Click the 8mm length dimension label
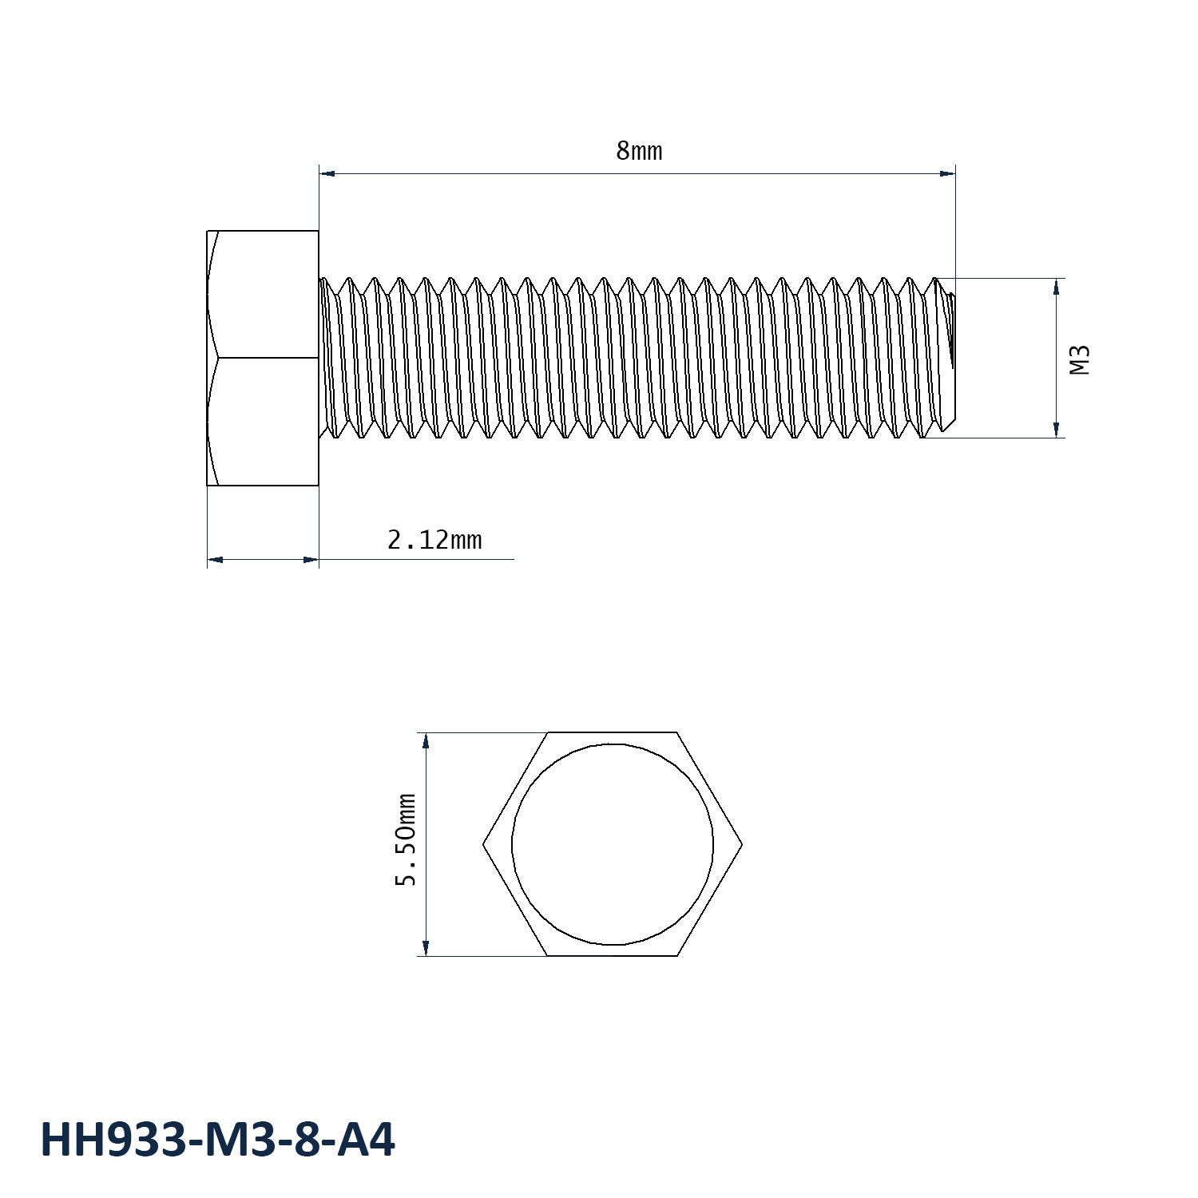click(639, 151)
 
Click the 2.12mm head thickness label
click(434, 541)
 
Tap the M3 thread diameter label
click(1080, 360)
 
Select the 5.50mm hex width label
click(407, 840)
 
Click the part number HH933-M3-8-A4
click(217, 1140)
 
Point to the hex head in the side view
click(263, 358)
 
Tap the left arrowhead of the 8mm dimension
click(327, 173)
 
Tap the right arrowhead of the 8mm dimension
click(947, 173)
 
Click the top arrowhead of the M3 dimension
click(1057, 287)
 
